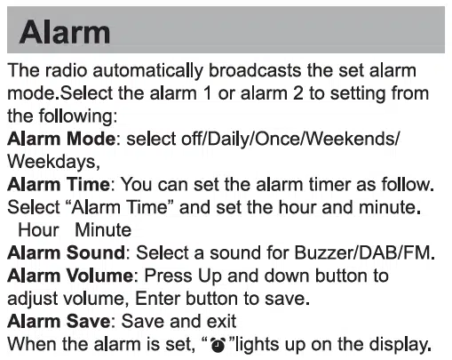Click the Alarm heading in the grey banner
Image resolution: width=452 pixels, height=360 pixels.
65,32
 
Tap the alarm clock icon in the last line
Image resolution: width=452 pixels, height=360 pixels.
218,345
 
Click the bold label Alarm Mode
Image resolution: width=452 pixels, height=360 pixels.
61,139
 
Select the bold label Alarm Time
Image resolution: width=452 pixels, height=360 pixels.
59,184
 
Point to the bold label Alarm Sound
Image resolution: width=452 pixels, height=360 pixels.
66,252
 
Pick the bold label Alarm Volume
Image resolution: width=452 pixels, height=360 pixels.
70,276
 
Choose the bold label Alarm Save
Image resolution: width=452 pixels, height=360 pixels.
59,321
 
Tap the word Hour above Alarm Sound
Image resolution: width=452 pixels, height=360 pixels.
38,230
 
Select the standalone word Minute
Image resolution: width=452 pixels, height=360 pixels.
103,230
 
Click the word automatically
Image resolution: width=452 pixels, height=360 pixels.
147,71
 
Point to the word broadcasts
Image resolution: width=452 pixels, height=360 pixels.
255,70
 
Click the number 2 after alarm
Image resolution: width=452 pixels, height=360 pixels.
297,93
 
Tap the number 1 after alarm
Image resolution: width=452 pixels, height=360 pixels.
208,93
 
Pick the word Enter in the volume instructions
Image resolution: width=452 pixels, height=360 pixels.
157,299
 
